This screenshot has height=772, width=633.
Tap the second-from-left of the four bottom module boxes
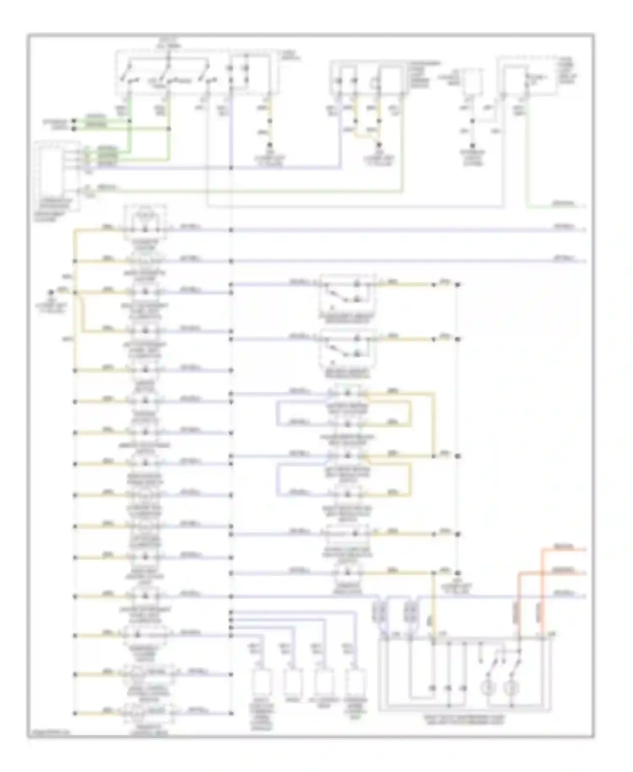(x=292, y=681)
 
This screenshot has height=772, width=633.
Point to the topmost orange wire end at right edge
(x=584, y=549)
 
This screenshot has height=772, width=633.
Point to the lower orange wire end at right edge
(x=584, y=574)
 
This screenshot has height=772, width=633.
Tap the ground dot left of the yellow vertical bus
(x=51, y=292)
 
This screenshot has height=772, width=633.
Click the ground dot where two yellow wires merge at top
(x=379, y=145)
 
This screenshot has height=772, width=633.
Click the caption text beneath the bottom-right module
(x=464, y=720)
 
